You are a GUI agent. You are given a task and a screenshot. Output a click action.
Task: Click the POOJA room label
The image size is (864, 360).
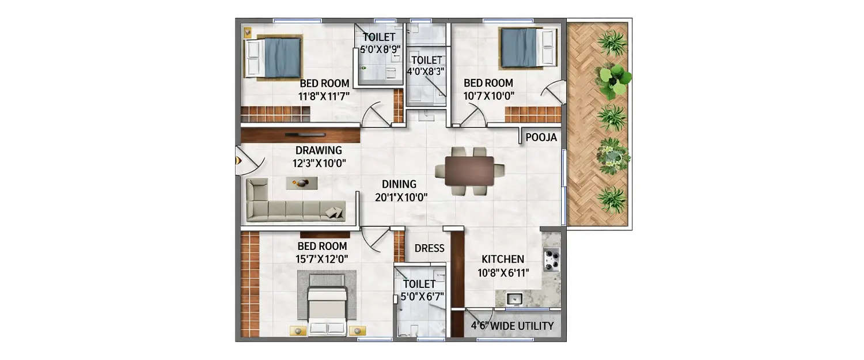541,137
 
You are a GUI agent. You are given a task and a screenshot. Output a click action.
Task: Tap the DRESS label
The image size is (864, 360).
429,248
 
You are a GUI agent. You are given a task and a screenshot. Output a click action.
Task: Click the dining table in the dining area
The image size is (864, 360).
469,171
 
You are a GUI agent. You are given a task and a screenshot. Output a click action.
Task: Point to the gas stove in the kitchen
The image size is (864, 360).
551,259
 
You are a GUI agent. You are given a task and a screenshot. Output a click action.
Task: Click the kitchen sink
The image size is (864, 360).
514,298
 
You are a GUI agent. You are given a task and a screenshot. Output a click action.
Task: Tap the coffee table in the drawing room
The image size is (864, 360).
303,183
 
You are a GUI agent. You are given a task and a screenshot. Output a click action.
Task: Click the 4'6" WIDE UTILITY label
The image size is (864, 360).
512,326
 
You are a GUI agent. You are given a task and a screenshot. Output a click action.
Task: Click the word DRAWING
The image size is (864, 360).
319,150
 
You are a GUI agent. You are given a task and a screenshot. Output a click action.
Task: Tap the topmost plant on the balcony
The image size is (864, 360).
612,43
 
